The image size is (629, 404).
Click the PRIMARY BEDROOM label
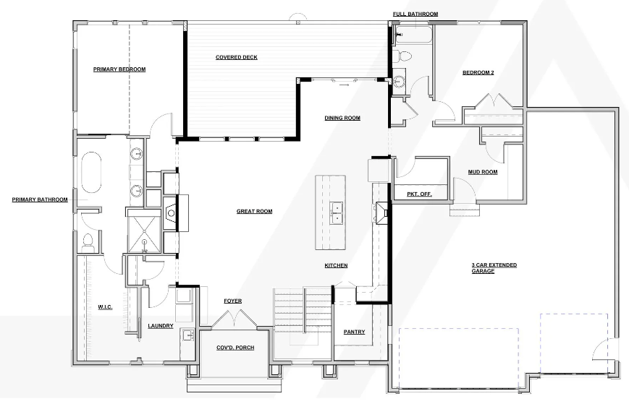(119, 69)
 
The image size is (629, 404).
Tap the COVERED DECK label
(237, 57)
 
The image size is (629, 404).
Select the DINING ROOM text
(342, 118)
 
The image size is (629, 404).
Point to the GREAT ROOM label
(254, 212)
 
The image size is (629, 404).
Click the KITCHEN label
(336, 265)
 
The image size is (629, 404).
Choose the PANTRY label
(354, 332)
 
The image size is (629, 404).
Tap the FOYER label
(232, 301)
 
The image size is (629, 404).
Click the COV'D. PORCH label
(235, 348)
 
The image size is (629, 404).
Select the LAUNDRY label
(161, 326)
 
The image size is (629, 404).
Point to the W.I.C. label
(105, 307)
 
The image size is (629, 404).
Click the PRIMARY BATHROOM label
(40, 199)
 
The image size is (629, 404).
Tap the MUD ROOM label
(483, 172)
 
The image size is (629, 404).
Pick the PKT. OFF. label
(419, 194)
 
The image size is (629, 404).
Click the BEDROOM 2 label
(478, 72)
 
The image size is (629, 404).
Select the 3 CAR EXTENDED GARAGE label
(494, 268)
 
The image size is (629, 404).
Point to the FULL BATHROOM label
(415, 14)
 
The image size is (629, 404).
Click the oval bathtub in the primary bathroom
(91, 173)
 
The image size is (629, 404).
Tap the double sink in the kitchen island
(336, 214)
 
